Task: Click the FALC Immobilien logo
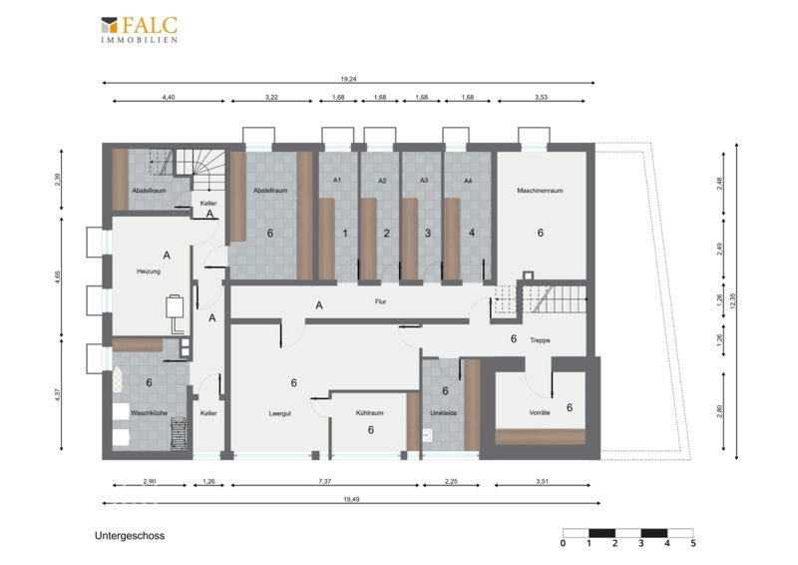pyautogui.click(x=139, y=30)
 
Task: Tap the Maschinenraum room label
pyautogui.click(x=540, y=191)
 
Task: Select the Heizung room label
pyautogui.click(x=149, y=272)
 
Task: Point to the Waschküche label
pyautogui.click(x=149, y=413)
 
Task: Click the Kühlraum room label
pyautogui.click(x=369, y=413)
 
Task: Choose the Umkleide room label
pyautogui.click(x=443, y=413)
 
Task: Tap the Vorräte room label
pyautogui.click(x=540, y=413)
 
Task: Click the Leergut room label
pyautogui.click(x=280, y=413)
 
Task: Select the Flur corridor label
pyautogui.click(x=381, y=301)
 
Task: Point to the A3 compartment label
pyautogui.click(x=424, y=181)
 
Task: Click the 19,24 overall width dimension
pyautogui.click(x=348, y=79)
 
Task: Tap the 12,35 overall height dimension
pyautogui.click(x=732, y=300)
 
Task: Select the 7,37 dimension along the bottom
pyautogui.click(x=325, y=481)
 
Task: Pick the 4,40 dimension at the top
pyautogui.click(x=169, y=97)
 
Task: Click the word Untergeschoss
pyautogui.click(x=130, y=536)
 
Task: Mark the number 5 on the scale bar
pyautogui.click(x=693, y=544)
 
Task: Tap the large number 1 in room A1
pyautogui.click(x=345, y=234)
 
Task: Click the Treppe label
pyautogui.click(x=540, y=340)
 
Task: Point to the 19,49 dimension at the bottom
pyautogui.click(x=351, y=500)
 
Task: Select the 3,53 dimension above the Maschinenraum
pyautogui.click(x=541, y=97)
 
